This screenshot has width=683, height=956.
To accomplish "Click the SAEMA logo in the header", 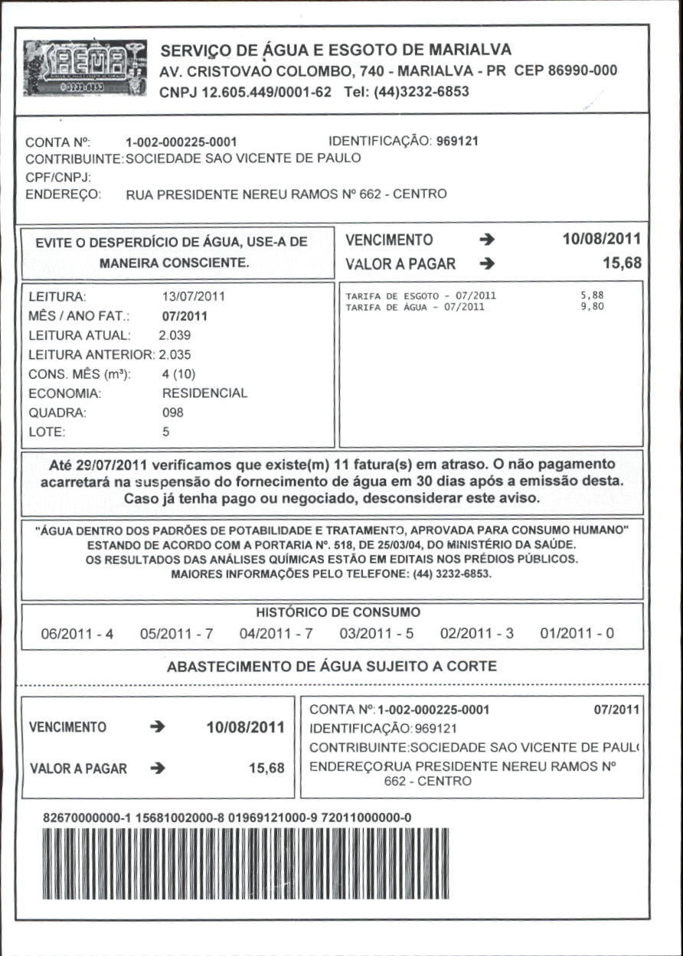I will tap(85, 67).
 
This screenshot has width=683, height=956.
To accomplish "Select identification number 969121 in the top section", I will tap(458, 142).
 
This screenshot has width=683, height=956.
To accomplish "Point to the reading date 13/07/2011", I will tap(194, 296).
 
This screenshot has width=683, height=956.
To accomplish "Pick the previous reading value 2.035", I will tap(175, 354).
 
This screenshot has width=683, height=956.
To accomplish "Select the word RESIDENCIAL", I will tap(204, 393).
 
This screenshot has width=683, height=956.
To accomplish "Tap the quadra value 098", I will tap(173, 413).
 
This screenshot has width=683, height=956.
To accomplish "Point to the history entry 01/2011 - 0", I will tap(577, 635).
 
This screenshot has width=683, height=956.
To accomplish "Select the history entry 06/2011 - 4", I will tap(77, 635).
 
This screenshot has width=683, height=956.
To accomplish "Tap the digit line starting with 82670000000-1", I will tap(227, 817).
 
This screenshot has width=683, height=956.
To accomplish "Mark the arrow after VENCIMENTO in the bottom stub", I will tap(159, 727).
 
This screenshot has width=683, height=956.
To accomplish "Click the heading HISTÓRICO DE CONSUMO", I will tap(338, 612).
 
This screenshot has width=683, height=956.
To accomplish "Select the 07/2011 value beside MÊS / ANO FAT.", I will tap(185, 315).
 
